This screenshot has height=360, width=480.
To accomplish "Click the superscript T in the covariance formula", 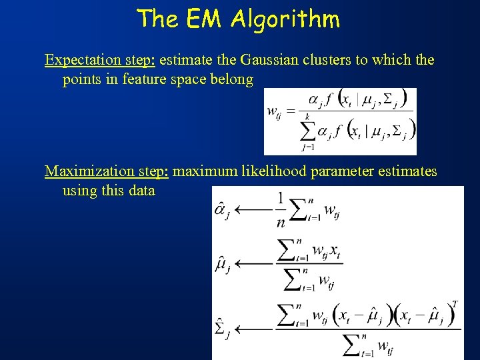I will tap(455, 305).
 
